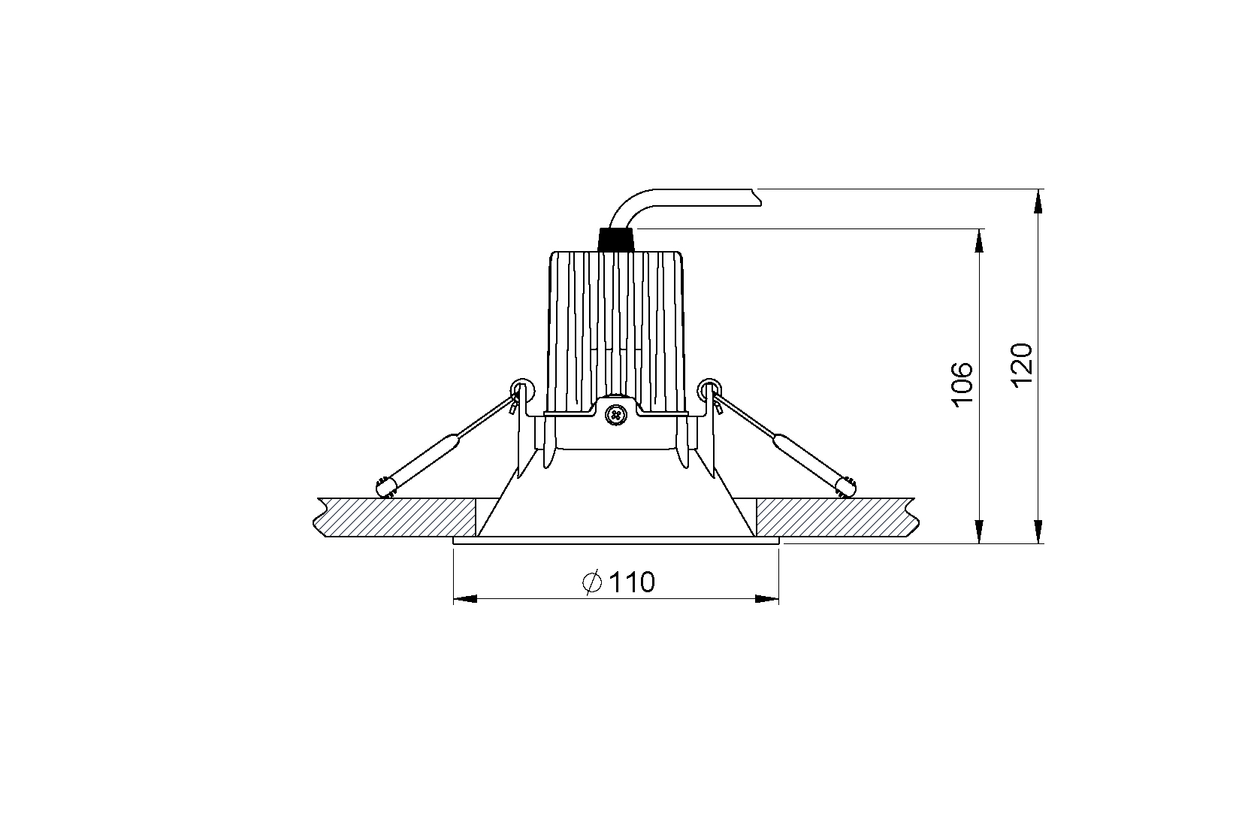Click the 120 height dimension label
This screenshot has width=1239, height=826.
[1022, 366]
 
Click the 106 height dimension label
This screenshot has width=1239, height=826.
[962, 386]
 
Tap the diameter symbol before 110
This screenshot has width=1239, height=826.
[592, 582]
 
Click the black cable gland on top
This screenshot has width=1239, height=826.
[615, 240]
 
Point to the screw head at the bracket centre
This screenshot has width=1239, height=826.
[615, 414]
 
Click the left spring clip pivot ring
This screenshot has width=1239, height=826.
[521, 389]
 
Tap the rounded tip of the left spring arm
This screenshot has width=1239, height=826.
[383, 489]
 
